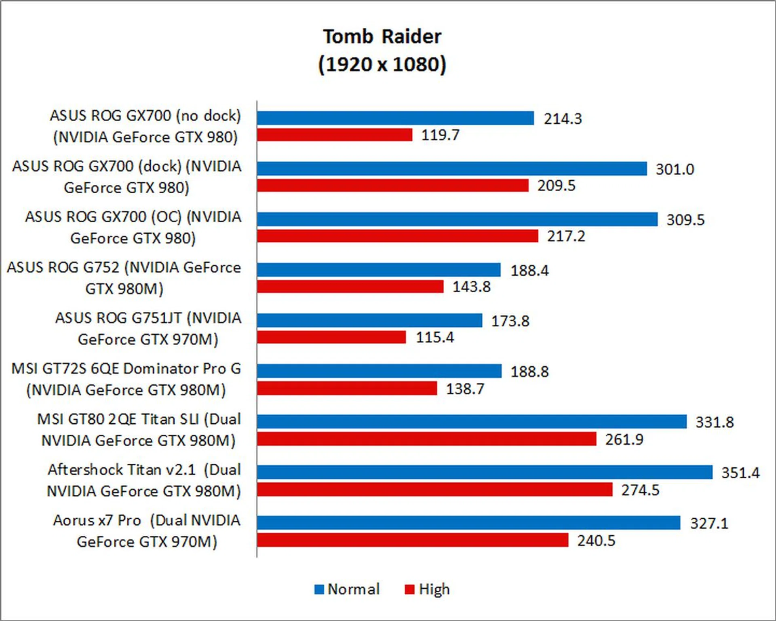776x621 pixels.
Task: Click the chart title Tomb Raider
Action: (x=382, y=37)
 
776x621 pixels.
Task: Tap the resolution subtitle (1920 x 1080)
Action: (x=382, y=64)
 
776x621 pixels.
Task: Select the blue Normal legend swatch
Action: (x=319, y=589)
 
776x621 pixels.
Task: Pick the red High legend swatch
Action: (x=409, y=589)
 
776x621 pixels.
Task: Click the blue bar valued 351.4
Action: (x=484, y=472)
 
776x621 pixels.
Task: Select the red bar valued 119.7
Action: (x=335, y=135)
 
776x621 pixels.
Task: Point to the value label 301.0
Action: (x=675, y=169)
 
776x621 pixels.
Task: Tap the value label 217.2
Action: (x=566, y=236)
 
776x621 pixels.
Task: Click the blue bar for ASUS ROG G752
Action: (x=378, y=270)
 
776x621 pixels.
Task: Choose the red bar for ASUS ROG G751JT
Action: (x=331, y=337)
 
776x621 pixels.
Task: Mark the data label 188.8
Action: (x=529, y=372)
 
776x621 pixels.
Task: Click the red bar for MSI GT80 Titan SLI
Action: (x=426, y=439)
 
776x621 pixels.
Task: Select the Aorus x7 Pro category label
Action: (x=147, y=531)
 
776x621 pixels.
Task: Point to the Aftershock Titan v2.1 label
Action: (x=144, y=480)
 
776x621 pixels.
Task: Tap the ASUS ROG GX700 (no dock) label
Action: (x=145, y=126)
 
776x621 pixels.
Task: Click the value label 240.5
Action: (x=596, y=541)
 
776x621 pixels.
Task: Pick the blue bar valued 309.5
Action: (x=457, y=219)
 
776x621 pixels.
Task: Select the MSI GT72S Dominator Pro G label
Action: (x=126, y=379)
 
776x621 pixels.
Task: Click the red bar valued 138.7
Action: (x=347, y=389)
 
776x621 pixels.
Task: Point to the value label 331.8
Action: (x=714, y=422)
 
